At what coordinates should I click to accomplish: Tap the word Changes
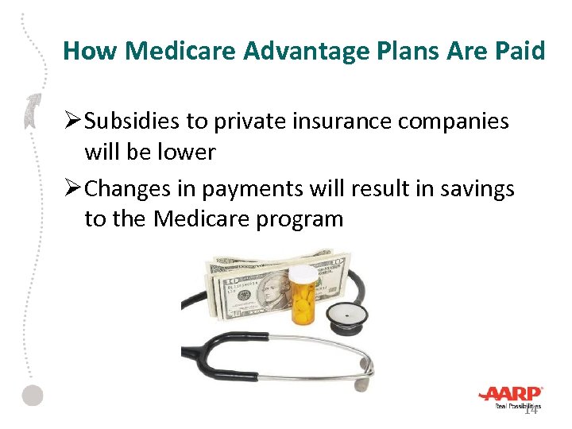tap(130, 188)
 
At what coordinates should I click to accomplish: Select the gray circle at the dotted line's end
tap(32, 395)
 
